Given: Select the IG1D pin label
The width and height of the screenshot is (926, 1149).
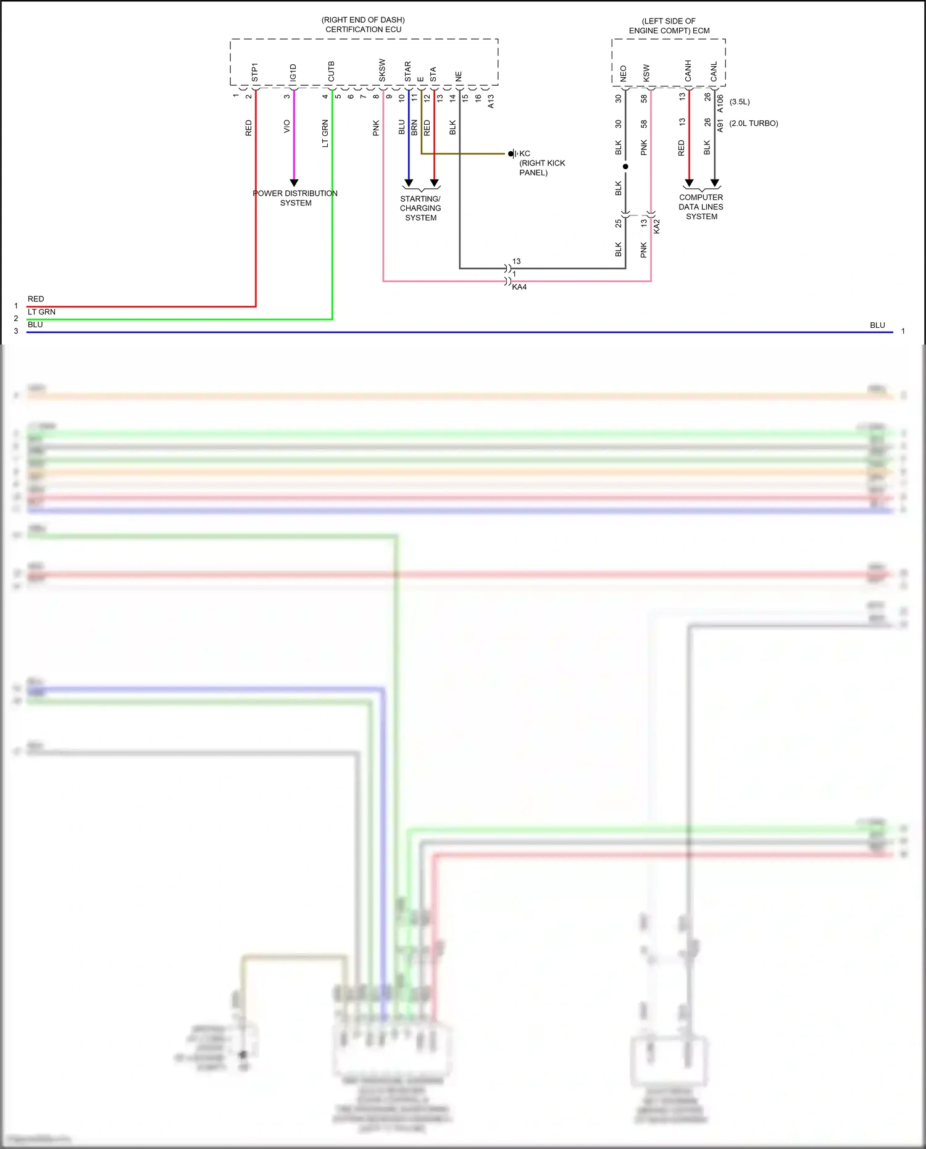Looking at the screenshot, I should pyautogui.click(x=293, y=72).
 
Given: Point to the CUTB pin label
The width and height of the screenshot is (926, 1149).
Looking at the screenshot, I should pyautogui.click(x=332, y=71).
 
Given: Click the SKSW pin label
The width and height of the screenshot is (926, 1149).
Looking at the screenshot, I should pyautogui.click(x=382, y=70).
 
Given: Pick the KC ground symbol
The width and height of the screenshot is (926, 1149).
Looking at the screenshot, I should pyautogui.click(x=512, y=154).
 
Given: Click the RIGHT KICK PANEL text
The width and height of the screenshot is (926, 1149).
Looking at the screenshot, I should pyautogui.click(x=541, y=168).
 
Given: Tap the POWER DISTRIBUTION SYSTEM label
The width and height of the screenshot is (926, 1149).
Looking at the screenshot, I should pyautogui.click(x=295, y=198).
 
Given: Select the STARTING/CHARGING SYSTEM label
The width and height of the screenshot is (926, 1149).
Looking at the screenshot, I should pyautogui.click(x=420, y=208).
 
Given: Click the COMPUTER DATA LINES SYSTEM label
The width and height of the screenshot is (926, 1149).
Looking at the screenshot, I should pyautogui.click(x=701, y=207).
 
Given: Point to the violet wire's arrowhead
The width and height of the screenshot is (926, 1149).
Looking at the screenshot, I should pyautogui.click(x=294, y=183).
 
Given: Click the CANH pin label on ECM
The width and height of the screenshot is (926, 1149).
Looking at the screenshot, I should pyautogui.click(x=688, y=71).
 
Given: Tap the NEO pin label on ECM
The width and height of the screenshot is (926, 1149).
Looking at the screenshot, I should pyautogui.click(x=623, y=73).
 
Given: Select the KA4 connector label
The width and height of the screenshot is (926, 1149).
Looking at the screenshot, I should pyautogui.click(x=519, y=287).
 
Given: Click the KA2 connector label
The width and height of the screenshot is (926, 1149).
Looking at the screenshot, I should pyautogui.click(x=657, y=226).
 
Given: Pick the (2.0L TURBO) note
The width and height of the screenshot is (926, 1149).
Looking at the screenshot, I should pyautogui.click(x=753, y=123).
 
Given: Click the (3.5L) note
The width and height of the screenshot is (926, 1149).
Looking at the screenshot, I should pyautogui.click(x=740, y=102).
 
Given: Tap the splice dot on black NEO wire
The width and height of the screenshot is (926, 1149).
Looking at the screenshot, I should pyautogui.click(x=625, y=167).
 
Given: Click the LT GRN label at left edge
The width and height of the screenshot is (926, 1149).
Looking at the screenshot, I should pyautogui.click(x=41, y=312).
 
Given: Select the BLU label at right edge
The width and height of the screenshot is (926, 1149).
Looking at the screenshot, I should pyautogui.click(x=877, y=325).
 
